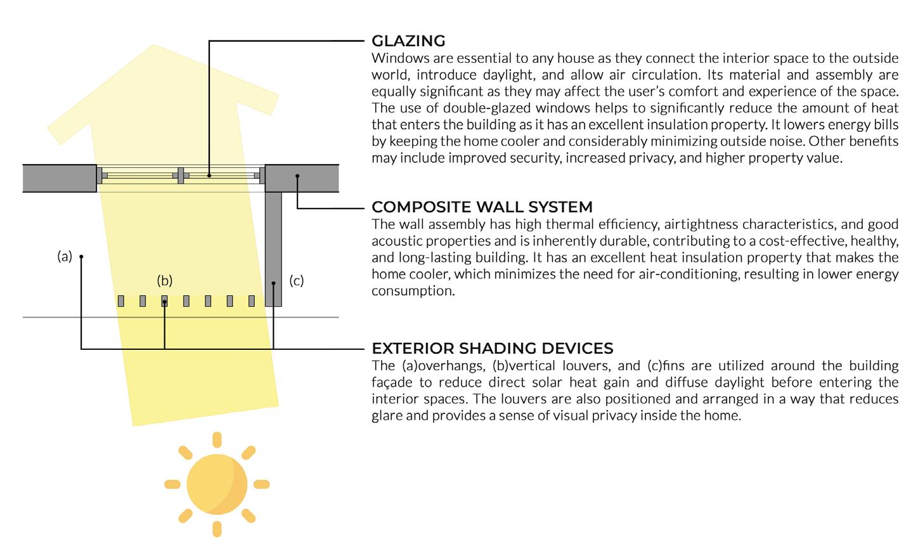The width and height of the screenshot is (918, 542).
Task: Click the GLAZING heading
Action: point(408,41)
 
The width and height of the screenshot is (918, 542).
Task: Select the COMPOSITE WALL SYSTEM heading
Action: point(482,207)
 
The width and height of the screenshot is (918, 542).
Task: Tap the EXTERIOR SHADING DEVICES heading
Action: point(492,349)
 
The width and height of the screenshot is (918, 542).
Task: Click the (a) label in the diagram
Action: point(65,257)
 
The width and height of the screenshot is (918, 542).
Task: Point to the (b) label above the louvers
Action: point(165,280)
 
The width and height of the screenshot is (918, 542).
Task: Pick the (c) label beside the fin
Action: point(296,280)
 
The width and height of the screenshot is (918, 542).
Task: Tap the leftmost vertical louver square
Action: point(121,300)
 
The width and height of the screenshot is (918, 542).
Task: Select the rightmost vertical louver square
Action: point(252,300)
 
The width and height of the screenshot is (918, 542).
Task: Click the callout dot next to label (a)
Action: point(82,257)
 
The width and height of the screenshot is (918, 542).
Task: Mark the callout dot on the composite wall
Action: point(297,176)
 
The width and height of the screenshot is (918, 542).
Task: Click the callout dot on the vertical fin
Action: point(273,283)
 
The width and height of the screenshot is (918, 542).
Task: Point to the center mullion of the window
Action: point(181,175)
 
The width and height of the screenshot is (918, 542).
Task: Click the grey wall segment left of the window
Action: point(60,178)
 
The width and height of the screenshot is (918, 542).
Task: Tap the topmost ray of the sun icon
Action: point(217,439)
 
